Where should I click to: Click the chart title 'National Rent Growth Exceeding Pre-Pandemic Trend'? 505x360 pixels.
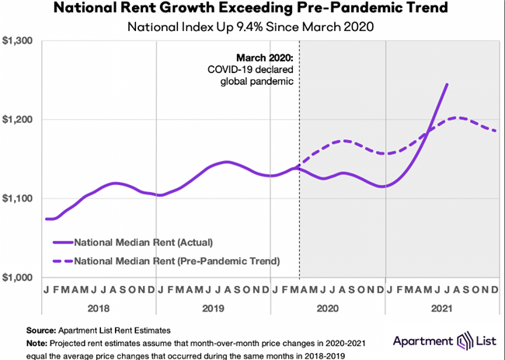[x=252, y=9]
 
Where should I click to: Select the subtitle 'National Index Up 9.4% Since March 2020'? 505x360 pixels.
[x=252, y=26]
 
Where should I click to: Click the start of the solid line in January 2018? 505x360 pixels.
[x=47, y=218]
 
